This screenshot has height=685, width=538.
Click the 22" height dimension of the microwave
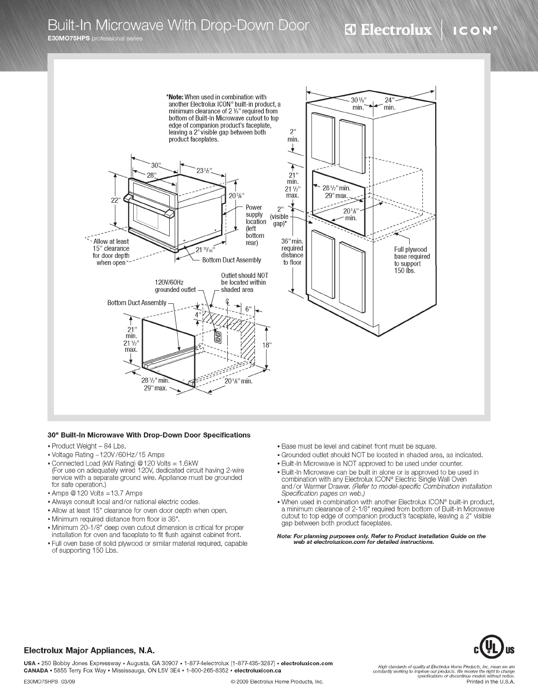click(115, 200)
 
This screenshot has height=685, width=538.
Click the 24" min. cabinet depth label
click(389, 103)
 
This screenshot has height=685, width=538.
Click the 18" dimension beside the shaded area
click(267, 345)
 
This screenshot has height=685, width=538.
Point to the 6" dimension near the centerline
click(248, 309)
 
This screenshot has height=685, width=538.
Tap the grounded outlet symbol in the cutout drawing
click(217, 336)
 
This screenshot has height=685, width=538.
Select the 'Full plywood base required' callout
click(412, 260)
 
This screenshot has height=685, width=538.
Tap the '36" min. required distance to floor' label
click(292, 251)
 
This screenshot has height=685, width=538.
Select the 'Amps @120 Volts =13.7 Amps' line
click(97, 493)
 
